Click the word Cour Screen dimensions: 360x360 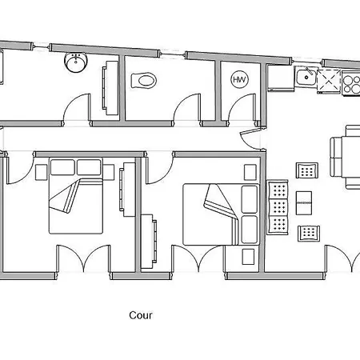(x=141, y=315)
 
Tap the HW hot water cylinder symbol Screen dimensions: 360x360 (x=239, y=79)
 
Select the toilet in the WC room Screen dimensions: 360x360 (x=143, y=80)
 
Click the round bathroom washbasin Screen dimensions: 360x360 (x=76, y=62)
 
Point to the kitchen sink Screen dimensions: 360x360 (x=306, y=77)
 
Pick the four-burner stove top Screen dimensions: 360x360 (x=351, y=83)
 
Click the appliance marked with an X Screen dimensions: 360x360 (x=330, y=81)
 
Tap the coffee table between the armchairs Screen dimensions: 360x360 (x=304, y=202)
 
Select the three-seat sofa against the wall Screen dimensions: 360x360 (x=278, y=207)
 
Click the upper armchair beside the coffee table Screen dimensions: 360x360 (x=307, y=170)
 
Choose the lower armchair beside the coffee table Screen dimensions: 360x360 (x=309, y=233)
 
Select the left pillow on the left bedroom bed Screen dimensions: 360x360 (x=62, y=167)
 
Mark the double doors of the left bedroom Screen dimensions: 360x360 (x=84, y=258)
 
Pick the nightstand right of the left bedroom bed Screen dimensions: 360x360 (x=109, y=172)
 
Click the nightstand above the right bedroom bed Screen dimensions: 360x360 (x=250, y=172)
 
